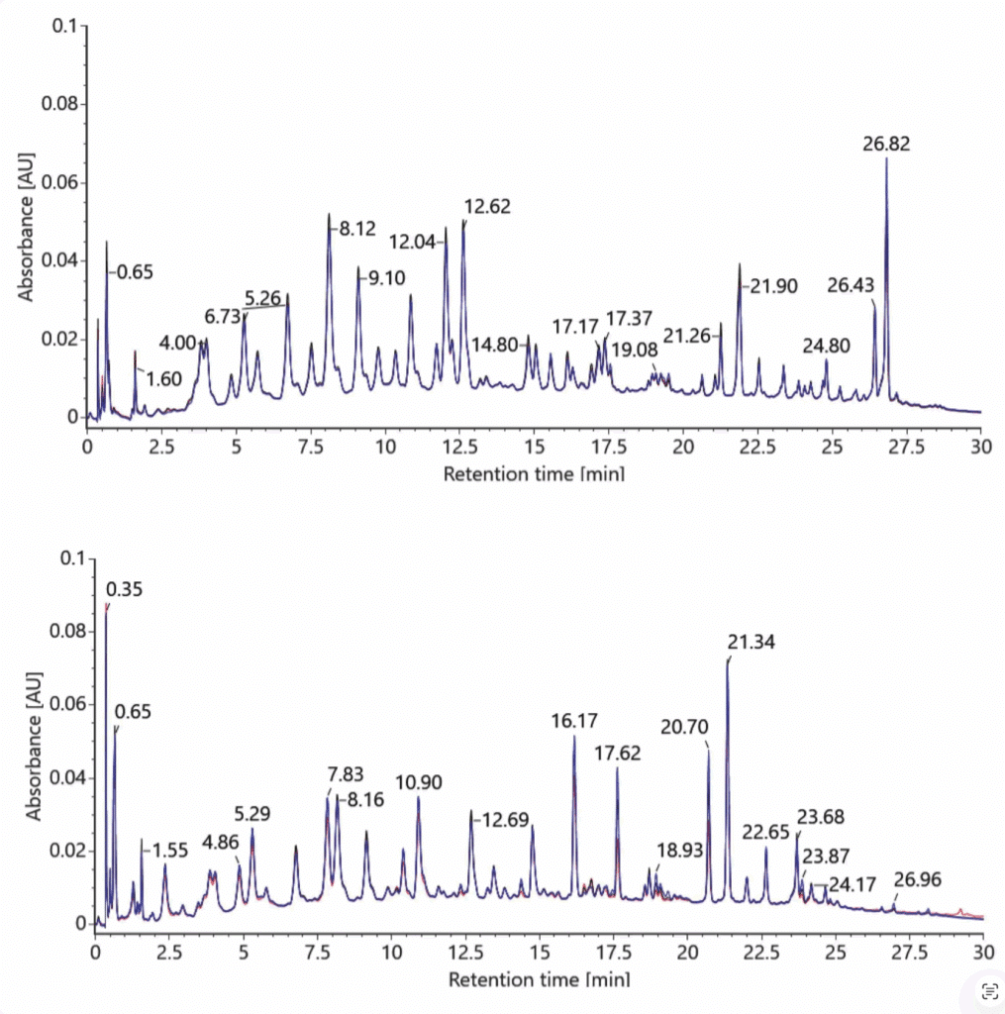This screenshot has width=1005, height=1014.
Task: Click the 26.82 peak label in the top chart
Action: point(886,144)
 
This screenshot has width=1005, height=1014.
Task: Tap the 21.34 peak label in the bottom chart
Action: point(750,643)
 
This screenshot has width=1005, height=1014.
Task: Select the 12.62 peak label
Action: point(487,207)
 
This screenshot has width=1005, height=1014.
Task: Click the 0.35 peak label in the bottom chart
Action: point(124,589)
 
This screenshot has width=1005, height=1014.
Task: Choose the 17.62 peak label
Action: point(617,753)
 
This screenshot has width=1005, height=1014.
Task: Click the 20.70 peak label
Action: point(684,726)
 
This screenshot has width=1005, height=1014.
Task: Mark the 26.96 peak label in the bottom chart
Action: point(918,879)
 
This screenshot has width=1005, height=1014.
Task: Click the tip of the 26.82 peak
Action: point(886,158)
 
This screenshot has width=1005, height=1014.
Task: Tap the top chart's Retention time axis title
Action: point(533,473)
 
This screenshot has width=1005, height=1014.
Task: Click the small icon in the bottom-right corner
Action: point(987,991)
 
